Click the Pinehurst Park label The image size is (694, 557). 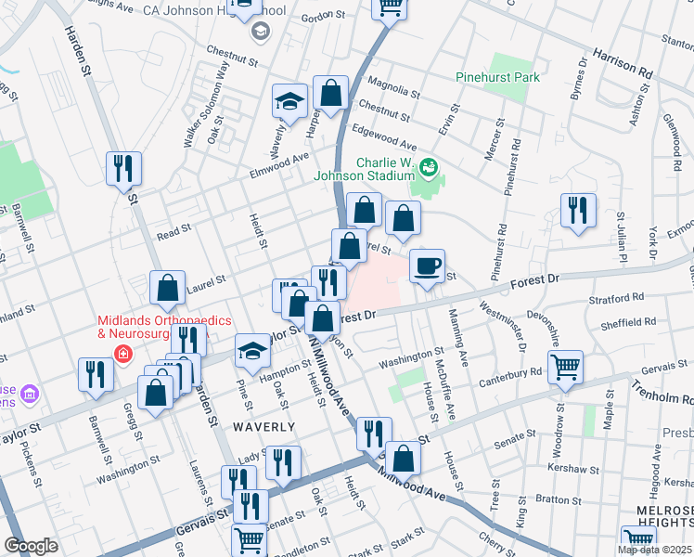point(498,78)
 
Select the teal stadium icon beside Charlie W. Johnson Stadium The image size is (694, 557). point(429,168)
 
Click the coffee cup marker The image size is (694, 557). point(427,266)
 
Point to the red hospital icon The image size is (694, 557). point(122,353)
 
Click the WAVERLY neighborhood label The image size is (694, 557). point(264,427)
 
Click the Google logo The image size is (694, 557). point(31,546)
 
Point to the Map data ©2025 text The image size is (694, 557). point(653,550)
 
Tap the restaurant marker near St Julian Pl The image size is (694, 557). point(579,210)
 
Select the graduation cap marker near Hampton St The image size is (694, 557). point(251,350)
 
